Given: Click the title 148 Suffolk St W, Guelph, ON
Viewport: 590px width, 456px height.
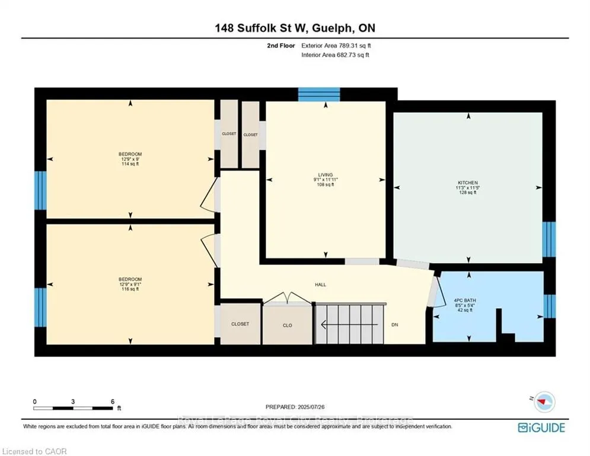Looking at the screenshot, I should pos(295,27).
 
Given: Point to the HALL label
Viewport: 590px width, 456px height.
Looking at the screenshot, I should pos(320,284).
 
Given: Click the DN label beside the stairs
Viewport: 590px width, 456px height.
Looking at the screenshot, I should pos(395,325).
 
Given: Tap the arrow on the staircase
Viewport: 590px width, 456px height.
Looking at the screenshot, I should pos(325,325).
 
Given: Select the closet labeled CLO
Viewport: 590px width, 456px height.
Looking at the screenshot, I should pos(287,325).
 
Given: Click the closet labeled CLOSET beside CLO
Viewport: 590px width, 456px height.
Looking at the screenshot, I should pos(240,324).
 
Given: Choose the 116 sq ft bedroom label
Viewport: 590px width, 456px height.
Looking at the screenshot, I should pos(130,284).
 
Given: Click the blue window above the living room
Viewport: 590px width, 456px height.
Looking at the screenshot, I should pos(318,94).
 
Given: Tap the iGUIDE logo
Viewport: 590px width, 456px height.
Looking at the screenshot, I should pos(541,427).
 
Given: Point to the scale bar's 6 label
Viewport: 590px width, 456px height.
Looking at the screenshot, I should pos(112,401).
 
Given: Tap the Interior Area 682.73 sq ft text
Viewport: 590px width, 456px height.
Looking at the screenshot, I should pos(335,55).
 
